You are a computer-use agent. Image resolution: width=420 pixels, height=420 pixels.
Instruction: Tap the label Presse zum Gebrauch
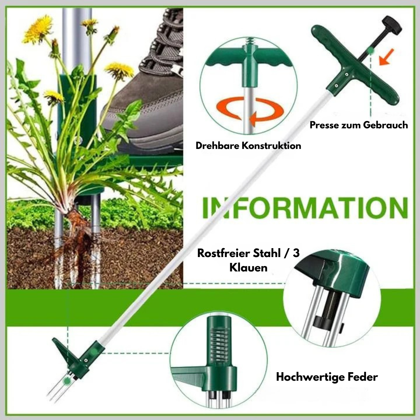359,125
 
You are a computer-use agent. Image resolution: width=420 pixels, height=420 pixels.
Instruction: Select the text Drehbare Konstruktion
248,146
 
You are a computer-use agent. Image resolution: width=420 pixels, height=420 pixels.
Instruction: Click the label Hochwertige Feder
327,376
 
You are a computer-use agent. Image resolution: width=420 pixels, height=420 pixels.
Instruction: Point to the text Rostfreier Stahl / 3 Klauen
248,260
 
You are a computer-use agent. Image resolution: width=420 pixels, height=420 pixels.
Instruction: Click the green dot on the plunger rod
371,50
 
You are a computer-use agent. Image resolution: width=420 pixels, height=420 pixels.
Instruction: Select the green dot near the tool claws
68,382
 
